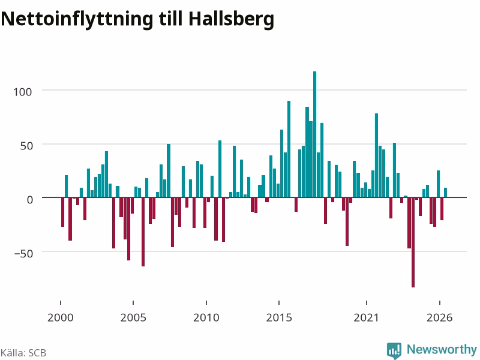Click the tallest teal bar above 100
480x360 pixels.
coord(314,134)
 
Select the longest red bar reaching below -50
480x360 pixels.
coord(413,242)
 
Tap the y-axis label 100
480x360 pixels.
coord(22,92)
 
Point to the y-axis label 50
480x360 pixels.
coord(26,146)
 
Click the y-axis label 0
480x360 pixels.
coord(29,200)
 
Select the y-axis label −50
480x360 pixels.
coord(23,253)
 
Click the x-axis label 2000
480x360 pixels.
coord(61,317)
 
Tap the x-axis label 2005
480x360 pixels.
coord(133,317)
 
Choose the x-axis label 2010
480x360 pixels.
coord(206,317)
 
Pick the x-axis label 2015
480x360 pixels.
coord(279,317)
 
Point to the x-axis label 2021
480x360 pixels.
coord(366,317)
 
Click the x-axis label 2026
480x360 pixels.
coord(440,317)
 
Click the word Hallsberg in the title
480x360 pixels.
coord(231,19)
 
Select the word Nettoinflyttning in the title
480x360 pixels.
coord(77,19)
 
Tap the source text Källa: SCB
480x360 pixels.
coord(23,353)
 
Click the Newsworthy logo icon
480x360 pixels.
coord(394,350)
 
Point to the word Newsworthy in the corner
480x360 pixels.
coord(442,349)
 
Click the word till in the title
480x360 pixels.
coord(170,19)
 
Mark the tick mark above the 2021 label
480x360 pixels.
coord(367,302)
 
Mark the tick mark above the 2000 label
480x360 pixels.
coord(61,302)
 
